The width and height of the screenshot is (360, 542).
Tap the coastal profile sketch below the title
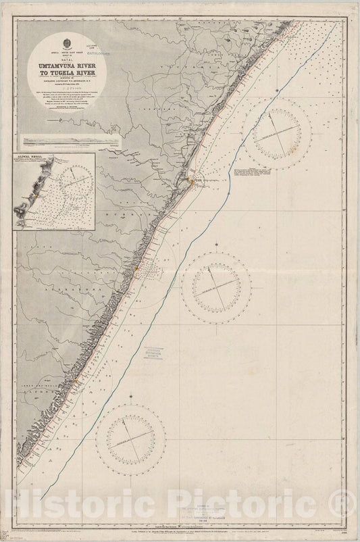(x=71, y=141)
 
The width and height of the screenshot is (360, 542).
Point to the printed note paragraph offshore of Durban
(x=260, y=172)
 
